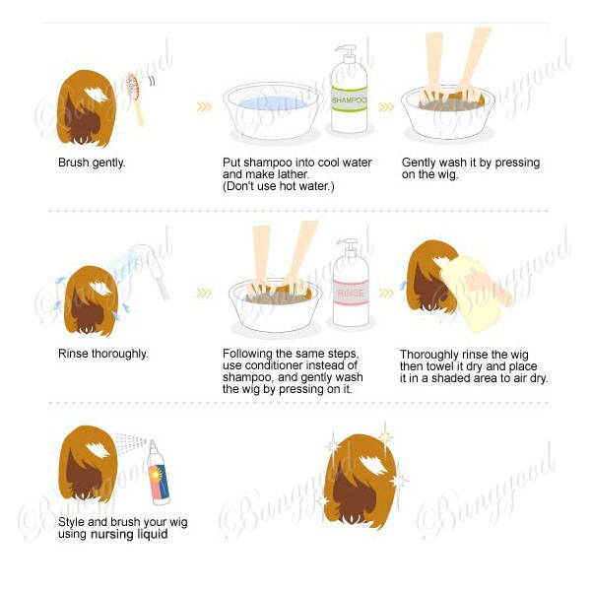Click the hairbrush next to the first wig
tap(135, 98)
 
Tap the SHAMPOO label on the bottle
tap(349, 100)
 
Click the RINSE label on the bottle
tap(351, 293)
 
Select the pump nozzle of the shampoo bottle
tap(347, 53)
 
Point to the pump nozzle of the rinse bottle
tap(349, 245)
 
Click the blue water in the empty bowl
tap(272, 102)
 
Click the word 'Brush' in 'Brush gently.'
tap(74, 163)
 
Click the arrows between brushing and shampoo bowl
tap(204, 107)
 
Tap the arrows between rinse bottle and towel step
tap(386, 294)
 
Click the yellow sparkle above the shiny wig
tap(385, 436)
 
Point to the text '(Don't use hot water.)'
tap(278, 186)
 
